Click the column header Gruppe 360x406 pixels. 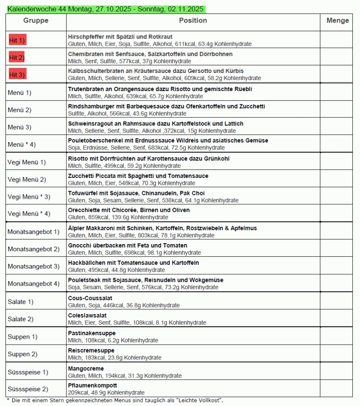36,20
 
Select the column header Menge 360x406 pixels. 337,20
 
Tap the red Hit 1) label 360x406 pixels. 17,40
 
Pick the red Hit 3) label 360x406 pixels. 17,75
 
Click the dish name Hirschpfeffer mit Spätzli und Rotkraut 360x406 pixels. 120,37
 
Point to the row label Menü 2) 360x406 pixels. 19,110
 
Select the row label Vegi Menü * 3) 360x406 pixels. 29,197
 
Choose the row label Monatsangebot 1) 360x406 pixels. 33,232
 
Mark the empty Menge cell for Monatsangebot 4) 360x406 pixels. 336,284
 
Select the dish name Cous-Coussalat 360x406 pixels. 90,298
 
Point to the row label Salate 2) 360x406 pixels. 20,319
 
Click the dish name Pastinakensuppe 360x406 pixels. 92,333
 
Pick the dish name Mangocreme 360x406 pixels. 86,369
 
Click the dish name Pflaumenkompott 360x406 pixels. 92,386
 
